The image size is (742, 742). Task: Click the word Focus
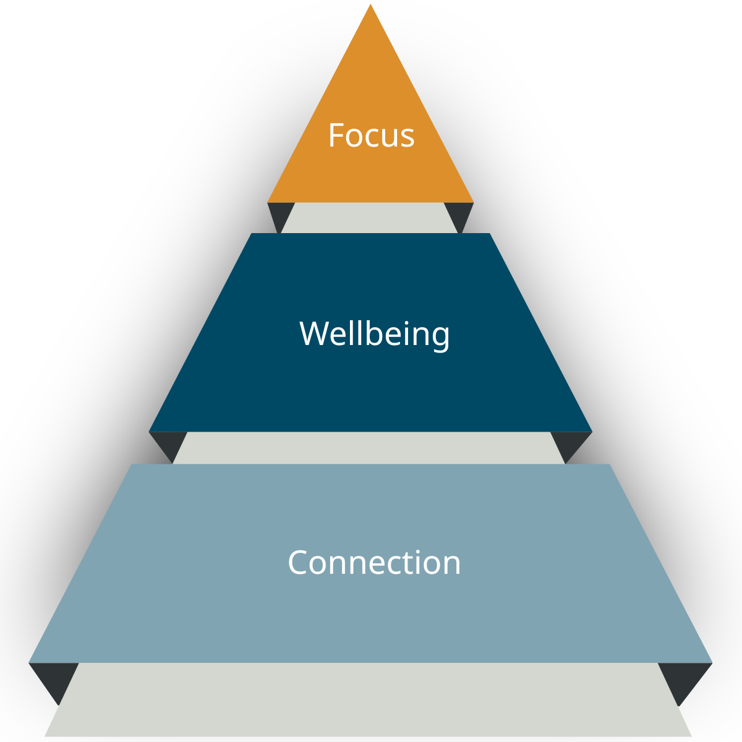coord(371,135)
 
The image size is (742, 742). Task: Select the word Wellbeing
coord(375,333)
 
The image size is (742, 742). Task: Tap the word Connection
coord(374,563)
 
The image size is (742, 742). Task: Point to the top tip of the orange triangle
coord(370,6)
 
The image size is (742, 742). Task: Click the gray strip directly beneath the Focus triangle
coord(370,218)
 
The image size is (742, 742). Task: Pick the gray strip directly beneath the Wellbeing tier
coord(369,448)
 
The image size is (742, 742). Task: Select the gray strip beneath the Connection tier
coord(369,699)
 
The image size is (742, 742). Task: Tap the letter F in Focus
coord(336,135)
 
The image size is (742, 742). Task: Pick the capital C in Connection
coord(299,563)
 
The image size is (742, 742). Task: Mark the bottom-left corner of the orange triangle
coord(268,201)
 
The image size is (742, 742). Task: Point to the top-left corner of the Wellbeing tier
coord(252,234)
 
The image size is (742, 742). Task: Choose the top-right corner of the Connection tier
coord(609,465)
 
